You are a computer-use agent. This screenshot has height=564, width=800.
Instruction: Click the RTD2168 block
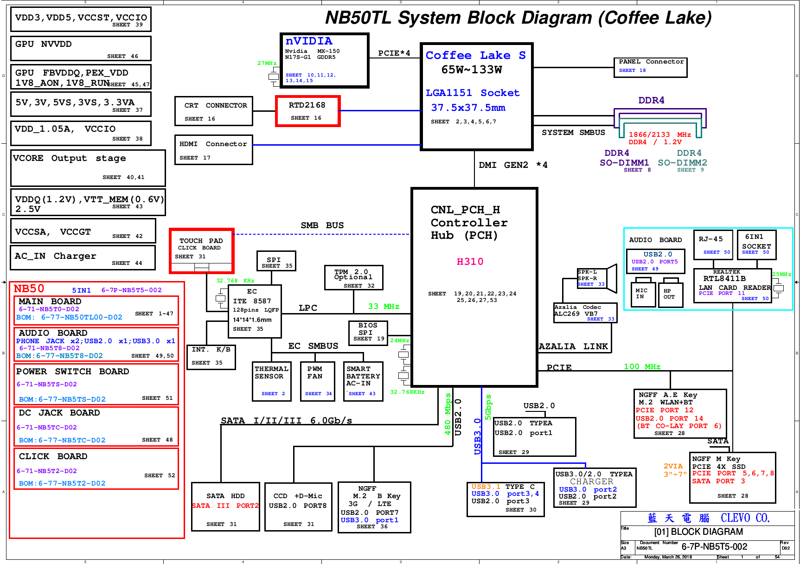point(308,111)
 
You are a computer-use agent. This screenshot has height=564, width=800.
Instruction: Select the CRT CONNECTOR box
point(214,111)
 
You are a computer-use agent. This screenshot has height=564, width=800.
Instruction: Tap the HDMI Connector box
point(214,150)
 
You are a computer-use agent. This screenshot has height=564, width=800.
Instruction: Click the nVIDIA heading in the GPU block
point(309,41)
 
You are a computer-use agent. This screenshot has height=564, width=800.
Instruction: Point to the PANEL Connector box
point(650,67)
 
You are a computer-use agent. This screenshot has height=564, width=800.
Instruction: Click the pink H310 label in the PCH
point(470,262)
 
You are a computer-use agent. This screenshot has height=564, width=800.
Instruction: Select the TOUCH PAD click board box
point(202,251)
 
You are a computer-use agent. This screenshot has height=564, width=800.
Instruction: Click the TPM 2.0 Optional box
point(353,278)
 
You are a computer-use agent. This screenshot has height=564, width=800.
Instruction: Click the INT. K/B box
point(211,357)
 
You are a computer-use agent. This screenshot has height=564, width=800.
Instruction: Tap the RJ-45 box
point(713,245)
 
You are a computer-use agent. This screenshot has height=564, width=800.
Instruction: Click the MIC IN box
point(642,294)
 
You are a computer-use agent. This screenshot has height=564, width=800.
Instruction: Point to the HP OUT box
point(670,294)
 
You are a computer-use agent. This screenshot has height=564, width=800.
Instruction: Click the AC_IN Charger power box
point(83,257)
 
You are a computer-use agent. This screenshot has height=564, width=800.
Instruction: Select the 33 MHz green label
point(384,307)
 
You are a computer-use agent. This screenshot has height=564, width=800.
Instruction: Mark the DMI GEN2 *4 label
point(513,165)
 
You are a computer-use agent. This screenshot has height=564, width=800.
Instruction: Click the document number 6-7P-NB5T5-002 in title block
point(714,547)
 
